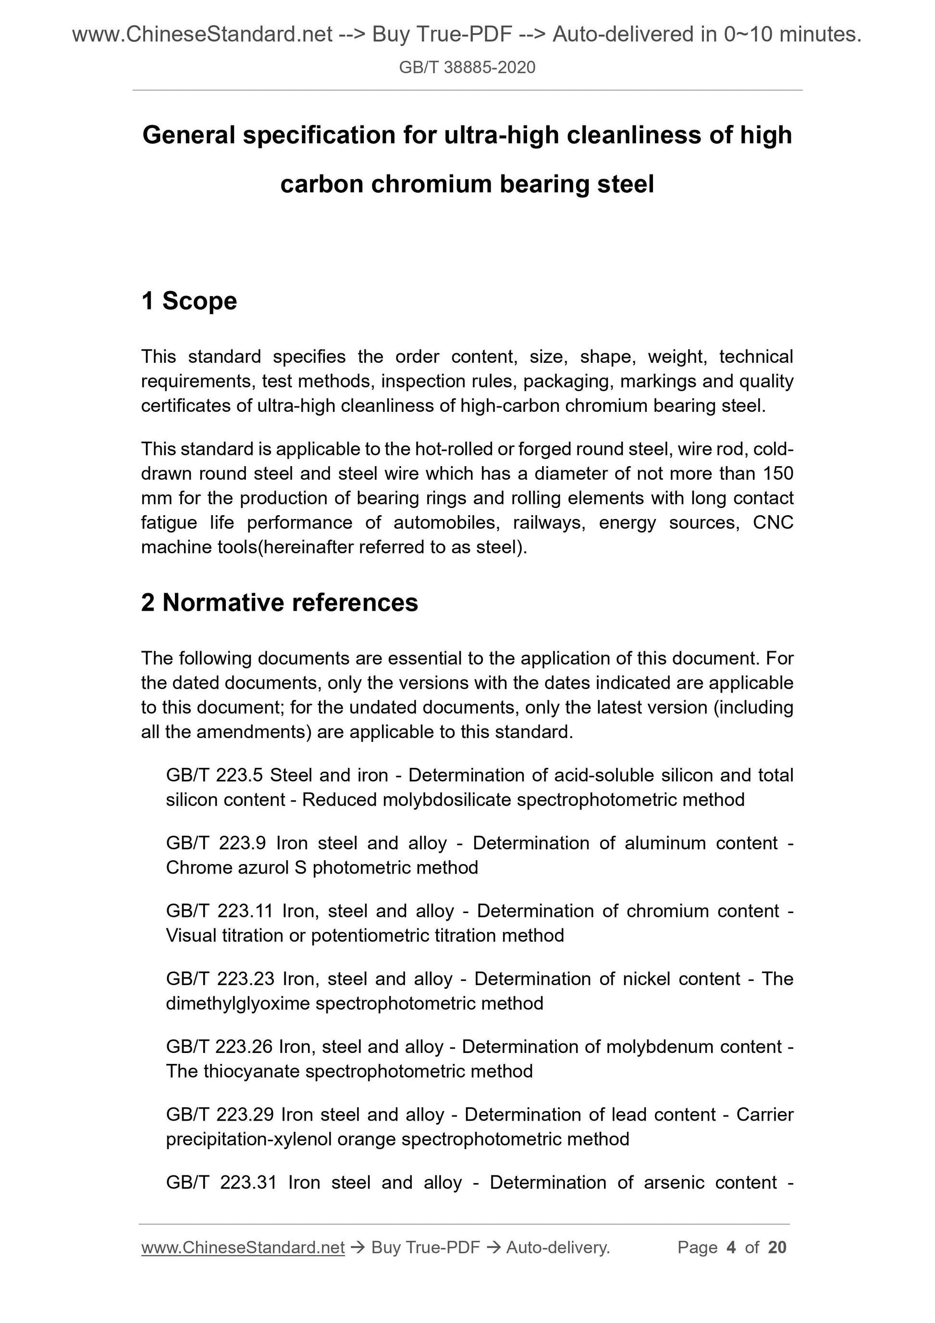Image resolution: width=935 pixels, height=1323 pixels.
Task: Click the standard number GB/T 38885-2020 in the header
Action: point(467,68)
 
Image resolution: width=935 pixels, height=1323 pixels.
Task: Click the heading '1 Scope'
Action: point(189,301)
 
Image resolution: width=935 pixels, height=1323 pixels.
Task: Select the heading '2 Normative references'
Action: point(280,603)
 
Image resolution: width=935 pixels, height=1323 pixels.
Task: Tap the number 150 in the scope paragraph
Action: point(778,474)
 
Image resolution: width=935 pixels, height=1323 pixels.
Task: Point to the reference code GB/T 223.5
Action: point(214,775)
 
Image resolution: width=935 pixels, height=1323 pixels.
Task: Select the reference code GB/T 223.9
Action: point(215,843)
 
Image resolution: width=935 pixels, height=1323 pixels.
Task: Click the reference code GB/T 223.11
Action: point(219,911)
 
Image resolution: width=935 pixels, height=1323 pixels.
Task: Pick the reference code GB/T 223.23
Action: point(219,979)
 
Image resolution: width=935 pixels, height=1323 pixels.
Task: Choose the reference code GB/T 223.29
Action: point(219,1114)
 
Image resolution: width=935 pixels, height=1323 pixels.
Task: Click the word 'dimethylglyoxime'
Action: point(238,1003)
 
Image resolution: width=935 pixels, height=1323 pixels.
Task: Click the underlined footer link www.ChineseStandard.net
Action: point(243,1248)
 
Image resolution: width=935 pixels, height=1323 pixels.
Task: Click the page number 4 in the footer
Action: point(731,1248)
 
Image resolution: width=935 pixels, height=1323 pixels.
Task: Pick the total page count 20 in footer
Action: point(777,1248)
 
